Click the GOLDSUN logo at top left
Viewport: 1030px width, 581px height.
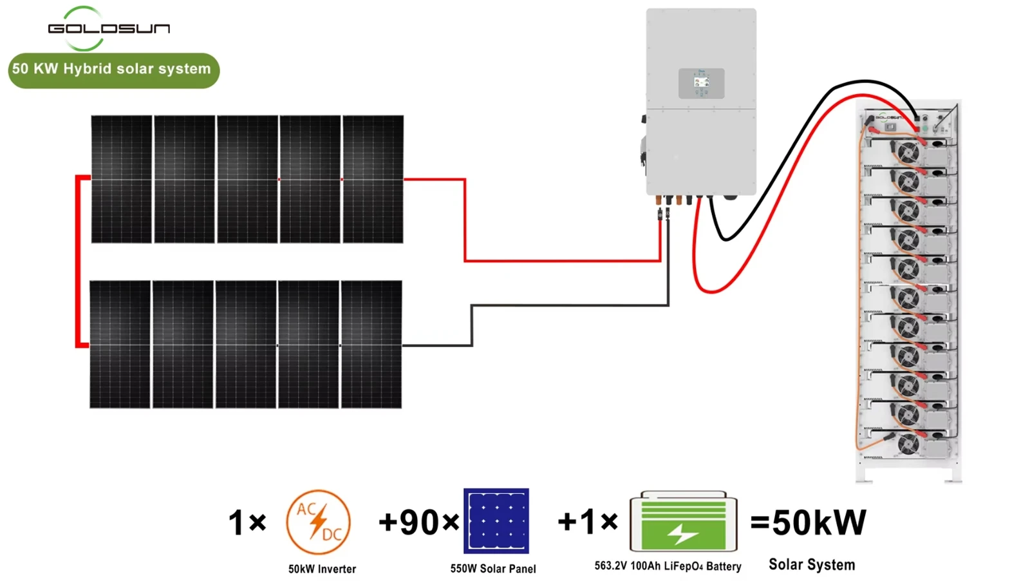109,28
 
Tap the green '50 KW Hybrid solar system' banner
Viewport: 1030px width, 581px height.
113,70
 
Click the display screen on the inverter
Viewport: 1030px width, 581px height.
701,82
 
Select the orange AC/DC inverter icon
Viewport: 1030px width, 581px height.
318,522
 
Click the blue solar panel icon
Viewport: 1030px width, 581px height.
496,520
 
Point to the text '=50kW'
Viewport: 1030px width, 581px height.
808,522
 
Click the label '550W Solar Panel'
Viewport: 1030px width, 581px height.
493,569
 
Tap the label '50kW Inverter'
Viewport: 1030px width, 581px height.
322,569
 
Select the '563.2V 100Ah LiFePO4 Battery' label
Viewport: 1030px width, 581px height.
668,566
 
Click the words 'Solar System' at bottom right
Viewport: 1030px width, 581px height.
812,564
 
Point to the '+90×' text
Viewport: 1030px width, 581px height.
418,522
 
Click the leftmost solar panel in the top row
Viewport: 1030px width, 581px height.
122,179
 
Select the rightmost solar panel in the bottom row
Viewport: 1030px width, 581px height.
371,344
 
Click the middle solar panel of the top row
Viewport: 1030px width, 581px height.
247,179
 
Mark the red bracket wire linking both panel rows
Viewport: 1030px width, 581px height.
77,262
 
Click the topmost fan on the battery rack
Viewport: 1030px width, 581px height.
908,153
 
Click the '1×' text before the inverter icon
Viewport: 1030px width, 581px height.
247,522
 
